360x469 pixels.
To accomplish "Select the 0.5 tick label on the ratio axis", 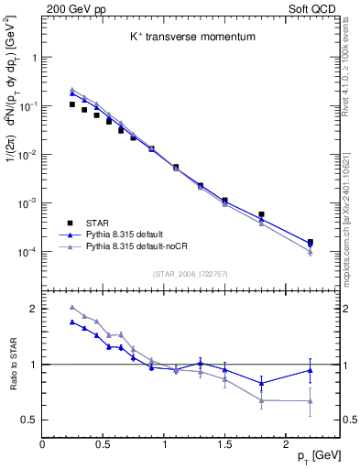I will coord(29,420).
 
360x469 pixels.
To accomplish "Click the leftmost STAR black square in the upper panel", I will coord(72,104).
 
